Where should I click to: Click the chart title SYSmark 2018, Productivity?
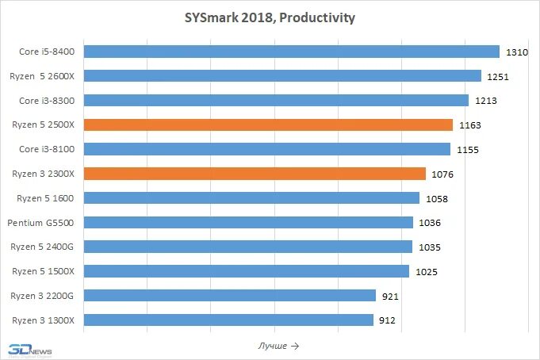click(x=270, y=17)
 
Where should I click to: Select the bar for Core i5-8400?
click(x=291, y=52)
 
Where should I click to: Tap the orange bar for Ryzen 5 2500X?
click(x=268, y=125)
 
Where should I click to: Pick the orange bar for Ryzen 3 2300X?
click(x=255, y=174)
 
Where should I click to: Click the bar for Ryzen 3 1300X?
click(x=228, y=320)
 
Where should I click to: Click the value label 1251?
click(x=497, y=77)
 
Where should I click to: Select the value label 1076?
click(x=442, y=174)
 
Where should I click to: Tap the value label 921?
click(x=389, y=297)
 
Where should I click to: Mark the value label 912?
click(x=387, y=321)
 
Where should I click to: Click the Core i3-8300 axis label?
click(x=47, y=101)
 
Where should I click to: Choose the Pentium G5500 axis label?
click(x=41, y=223)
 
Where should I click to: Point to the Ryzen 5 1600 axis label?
click(x=44, y=198)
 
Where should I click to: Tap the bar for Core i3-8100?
click(x=266, y=149)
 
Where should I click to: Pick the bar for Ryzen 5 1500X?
click(x=246, y=271)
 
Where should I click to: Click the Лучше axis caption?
click(x=278, y=346)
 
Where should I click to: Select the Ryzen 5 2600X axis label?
click(x=44, y=76)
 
